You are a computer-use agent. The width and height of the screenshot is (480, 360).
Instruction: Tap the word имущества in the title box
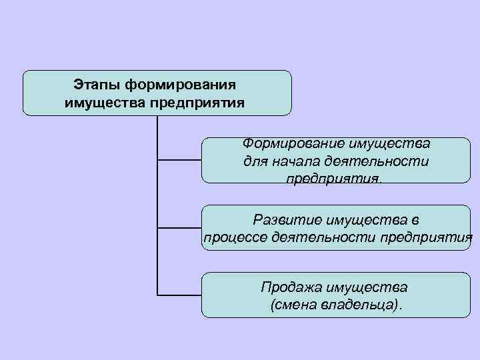point(105,103)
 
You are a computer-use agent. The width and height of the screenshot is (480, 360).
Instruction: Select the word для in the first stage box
point(256,161)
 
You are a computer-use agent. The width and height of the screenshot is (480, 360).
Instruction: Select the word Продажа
point(290,287)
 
